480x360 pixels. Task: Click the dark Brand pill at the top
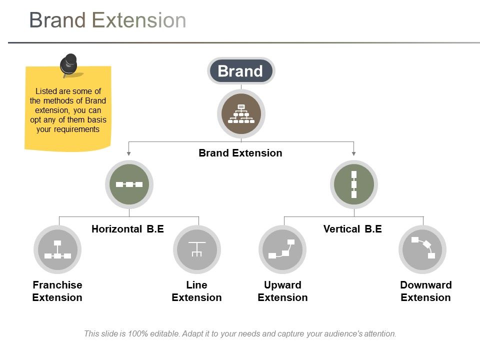pos(241,71)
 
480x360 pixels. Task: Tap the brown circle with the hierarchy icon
pos(241,114)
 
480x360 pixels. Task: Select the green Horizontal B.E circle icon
pos(129,184)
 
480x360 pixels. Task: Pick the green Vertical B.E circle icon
pos(354,184)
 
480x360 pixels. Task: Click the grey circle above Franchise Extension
pos(57,249)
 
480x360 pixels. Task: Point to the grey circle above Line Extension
pos(197,249)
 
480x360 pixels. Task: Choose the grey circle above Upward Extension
pos(282,249)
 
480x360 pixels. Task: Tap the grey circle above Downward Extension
pos(422,249)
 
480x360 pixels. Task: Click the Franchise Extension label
pos(57,291)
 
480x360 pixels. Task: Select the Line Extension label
pos(196,291)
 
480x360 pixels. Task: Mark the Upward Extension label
pos(282,291)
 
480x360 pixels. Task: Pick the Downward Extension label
pos(425,291)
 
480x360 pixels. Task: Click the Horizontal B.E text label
pos(127,229)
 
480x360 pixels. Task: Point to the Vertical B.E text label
pos(352,229)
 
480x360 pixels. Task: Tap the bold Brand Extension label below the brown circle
pos(240,153)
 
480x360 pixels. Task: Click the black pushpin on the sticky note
pos(68,64)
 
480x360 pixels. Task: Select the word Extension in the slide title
pos(139,20)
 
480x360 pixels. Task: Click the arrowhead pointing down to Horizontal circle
pos(129,153)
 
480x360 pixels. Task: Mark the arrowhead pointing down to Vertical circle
pos(354,153)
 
